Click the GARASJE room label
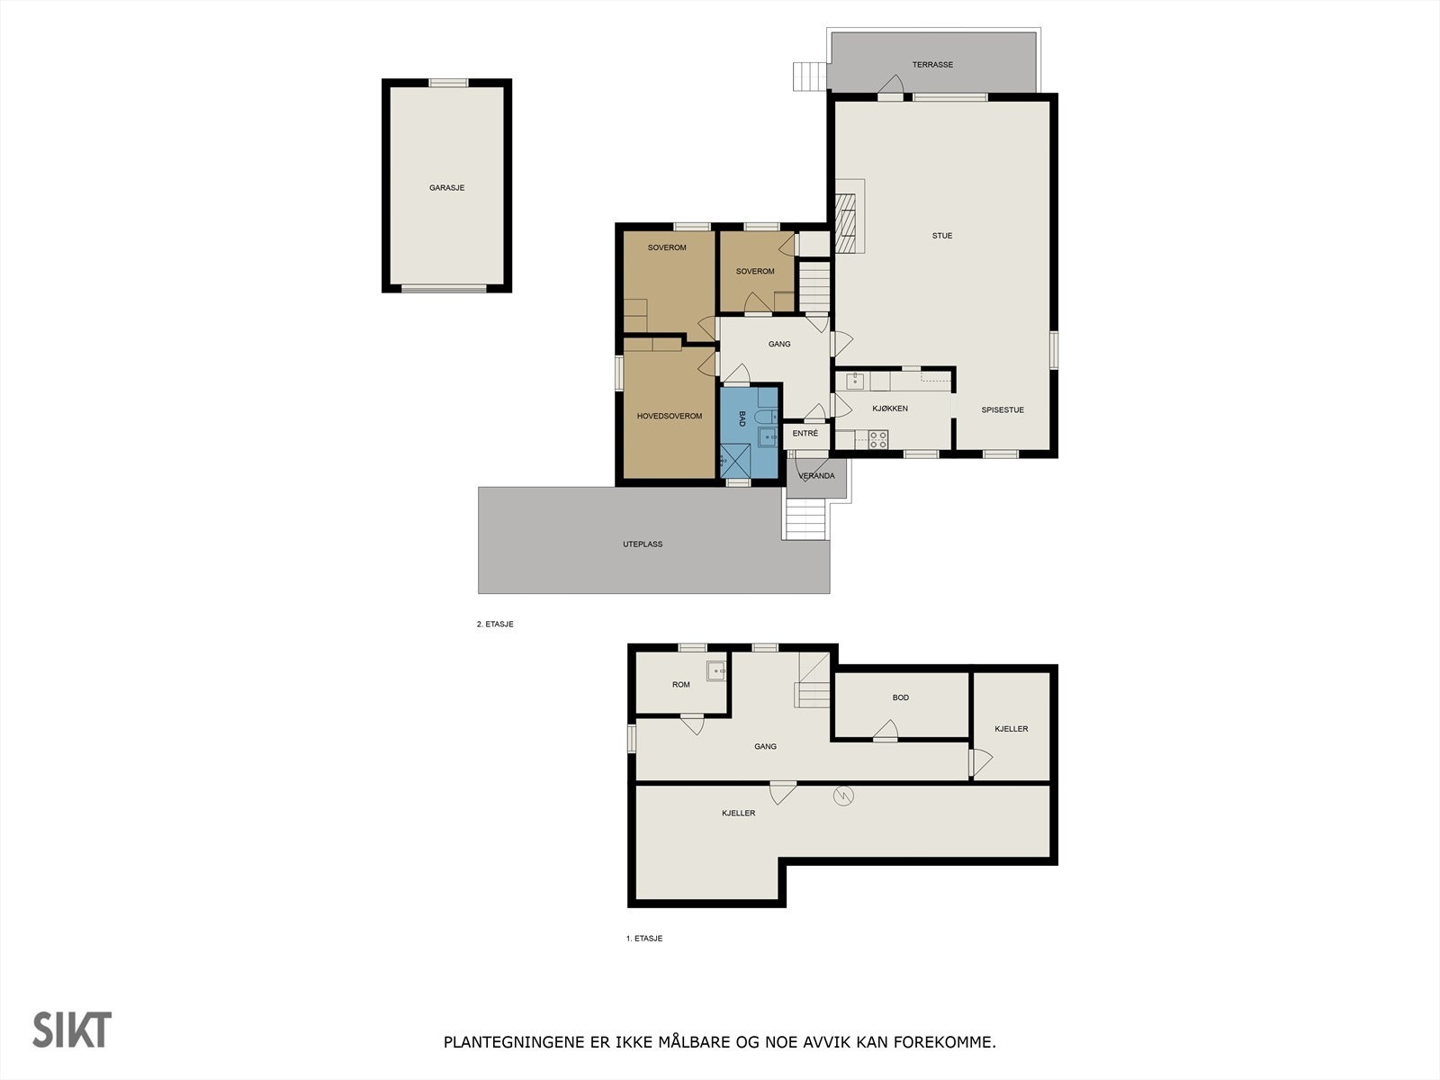coord(446,188)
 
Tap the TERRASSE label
coord(932,65)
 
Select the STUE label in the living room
coord(941,236)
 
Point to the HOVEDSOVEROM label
coord(669,416)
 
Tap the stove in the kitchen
coord(877,439)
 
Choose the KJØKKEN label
coord(890,409)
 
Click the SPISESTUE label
coord(1003,410)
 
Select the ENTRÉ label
coord(805,434)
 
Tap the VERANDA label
coord(816,476)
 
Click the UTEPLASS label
coord(643,544)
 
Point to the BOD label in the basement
coord(900,697)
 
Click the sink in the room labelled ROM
coord(715,670)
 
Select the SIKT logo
coord(72,1030)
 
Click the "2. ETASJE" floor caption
coord(495,624)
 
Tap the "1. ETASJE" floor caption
coord(644,939)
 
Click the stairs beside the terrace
coord(809,76)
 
